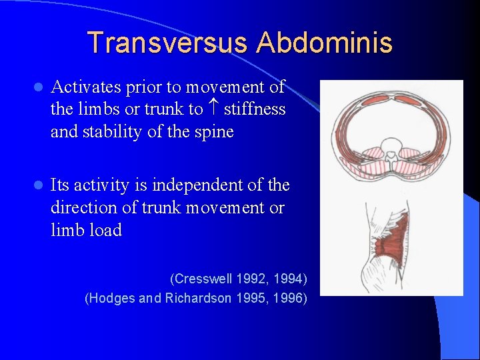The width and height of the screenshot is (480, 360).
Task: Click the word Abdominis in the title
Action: [325, 43]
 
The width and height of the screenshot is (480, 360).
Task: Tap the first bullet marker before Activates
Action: [38, 87]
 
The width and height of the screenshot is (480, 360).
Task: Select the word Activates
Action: [85, 87]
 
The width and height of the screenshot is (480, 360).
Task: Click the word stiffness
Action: [255, 109]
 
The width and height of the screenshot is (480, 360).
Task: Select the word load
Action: [106, 230]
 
